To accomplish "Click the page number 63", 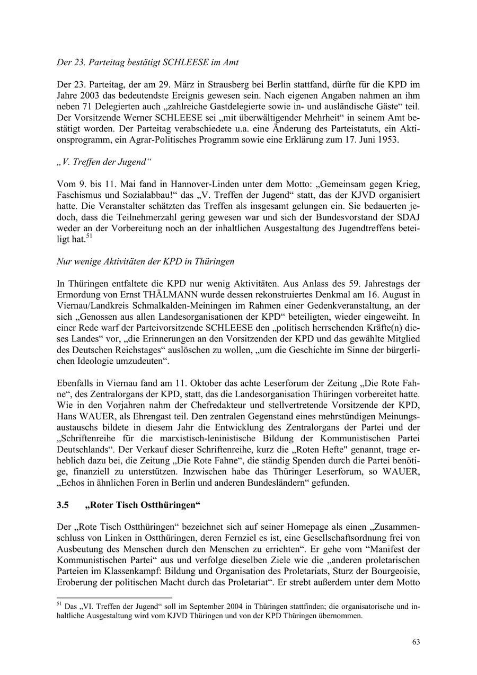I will [x=416, y=642].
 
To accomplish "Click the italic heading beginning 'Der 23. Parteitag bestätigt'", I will [x=147, y=62].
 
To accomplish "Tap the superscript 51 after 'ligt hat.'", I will [x=89, y=237].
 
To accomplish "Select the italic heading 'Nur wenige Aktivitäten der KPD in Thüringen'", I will [x=145, y=261].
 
